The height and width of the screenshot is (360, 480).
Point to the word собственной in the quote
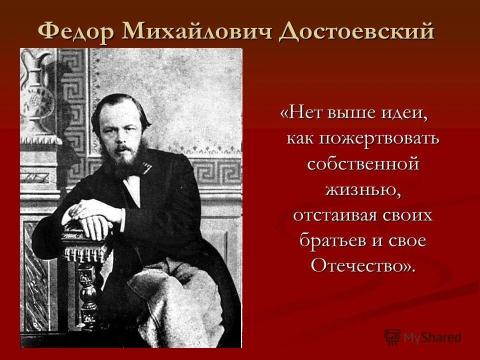click(x=362, y=163)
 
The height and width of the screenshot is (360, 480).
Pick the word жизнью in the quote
click(x=360, y=189)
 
